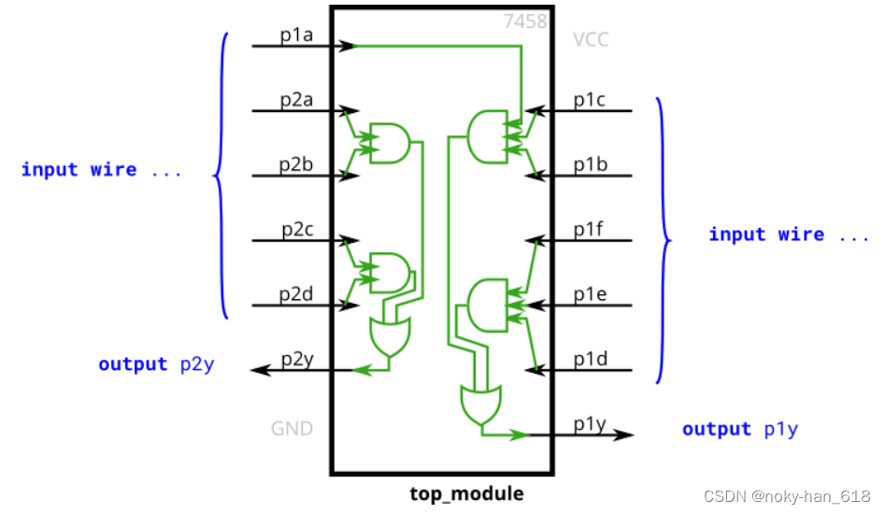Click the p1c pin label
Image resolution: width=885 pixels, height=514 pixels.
click(x=591, y=100)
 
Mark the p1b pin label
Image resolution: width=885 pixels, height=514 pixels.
click(x=591, y=164)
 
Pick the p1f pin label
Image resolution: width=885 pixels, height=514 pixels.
click(x=591, y=229)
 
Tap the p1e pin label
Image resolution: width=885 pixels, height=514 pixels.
click(x=591, y=293)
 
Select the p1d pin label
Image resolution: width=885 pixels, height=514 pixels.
click(x=591, y=359)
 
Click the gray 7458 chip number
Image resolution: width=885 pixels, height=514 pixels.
click(x=524, y=21)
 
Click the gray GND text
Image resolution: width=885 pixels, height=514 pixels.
click(x=292, y=429)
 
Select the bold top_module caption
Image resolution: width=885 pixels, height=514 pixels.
click(x=466, y=493)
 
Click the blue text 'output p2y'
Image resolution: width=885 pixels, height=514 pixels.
click(x=156, y=364)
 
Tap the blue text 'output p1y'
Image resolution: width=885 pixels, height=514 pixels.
click(x=739, y=429)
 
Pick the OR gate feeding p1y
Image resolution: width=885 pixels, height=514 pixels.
click(x=480, y=404)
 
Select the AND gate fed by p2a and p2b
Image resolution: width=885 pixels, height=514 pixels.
click(x=389, y=143)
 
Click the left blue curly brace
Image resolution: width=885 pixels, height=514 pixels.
click(x=221, y=174)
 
